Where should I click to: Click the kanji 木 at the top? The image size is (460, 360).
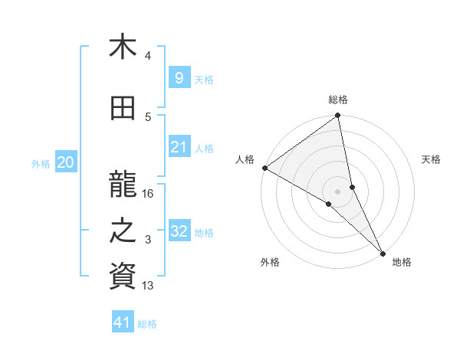point(123,47)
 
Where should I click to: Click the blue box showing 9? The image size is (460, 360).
point(179,77)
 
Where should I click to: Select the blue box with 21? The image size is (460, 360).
point(179,147)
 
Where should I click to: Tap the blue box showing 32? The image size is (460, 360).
point(179,231)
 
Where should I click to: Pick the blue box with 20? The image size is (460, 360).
point(66,162)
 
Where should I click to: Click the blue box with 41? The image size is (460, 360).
point(123,322)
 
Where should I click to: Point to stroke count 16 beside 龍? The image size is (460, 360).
point(149,194)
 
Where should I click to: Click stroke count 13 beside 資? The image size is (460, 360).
point(149,286)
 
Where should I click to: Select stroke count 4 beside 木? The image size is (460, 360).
point(148,56)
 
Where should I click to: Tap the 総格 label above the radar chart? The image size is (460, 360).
point(338,100)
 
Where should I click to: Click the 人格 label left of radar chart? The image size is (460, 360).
point(245,159)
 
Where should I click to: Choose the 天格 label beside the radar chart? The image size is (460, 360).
point(432,159)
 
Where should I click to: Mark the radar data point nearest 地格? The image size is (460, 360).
point(382,251)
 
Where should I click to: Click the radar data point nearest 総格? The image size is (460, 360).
point(337,116)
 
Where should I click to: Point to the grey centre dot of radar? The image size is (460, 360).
point(337,191)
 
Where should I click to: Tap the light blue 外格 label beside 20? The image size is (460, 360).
point(41,163)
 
